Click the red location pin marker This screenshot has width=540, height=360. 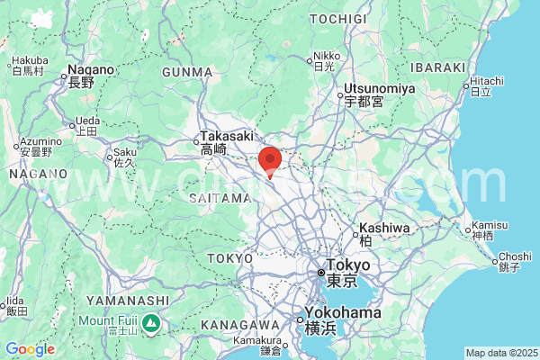tap(270, 160)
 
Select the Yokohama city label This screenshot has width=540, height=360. tap(342, 313)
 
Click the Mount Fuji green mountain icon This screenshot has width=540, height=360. tap(152, 321)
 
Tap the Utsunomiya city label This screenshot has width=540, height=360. tap(378, 88)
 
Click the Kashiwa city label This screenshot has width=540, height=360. tap(384, 229)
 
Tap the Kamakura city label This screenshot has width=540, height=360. tap(259, 340)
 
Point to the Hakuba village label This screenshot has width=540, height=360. tap(30, 62)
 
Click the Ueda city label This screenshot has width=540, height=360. tap(87, 121)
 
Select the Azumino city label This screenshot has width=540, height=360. tap(41, 142)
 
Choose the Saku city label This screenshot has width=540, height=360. tap(124, 152)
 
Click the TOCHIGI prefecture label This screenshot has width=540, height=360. tap(338, 18)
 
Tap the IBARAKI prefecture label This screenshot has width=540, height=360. tap(436, 67)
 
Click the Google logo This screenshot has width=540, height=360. tap(30, 349)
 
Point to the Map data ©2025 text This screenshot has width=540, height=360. tap(499, 352)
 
